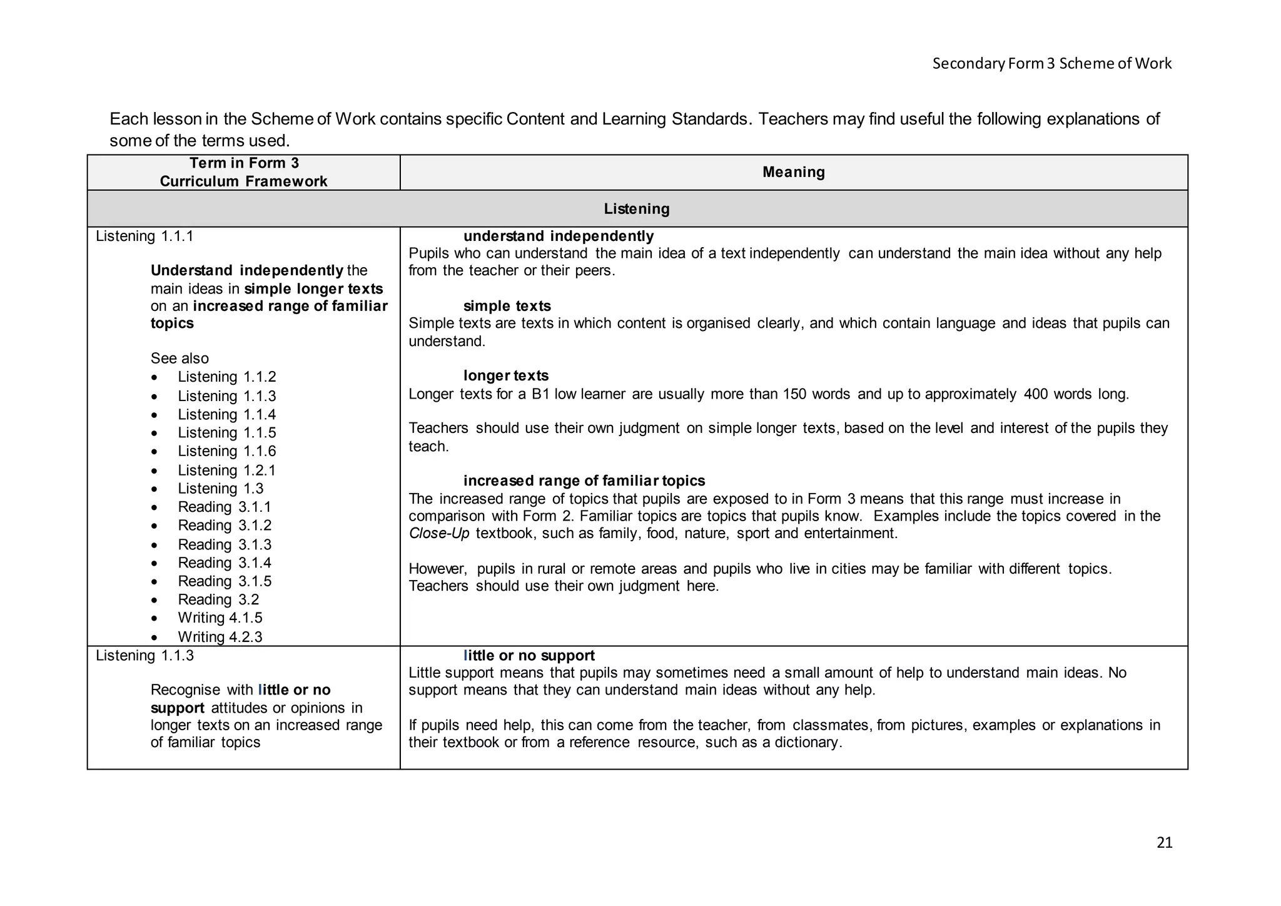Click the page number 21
1164,843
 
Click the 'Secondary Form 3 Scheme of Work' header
1051,63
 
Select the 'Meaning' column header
793,172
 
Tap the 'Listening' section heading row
636,209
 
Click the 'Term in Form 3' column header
244,163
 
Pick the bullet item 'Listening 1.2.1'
226,471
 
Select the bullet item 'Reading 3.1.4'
224,563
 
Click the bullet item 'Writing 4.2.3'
220,637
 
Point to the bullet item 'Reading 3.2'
218,600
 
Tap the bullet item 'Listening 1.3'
220,489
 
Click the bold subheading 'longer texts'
505,376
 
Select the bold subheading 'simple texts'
507,307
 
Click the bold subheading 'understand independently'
558,237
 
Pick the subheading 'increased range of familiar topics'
584,481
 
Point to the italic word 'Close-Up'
438,534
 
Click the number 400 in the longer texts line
1036,394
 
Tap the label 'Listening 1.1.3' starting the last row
144,656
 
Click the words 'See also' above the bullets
180,359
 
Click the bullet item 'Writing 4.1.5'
220,618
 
